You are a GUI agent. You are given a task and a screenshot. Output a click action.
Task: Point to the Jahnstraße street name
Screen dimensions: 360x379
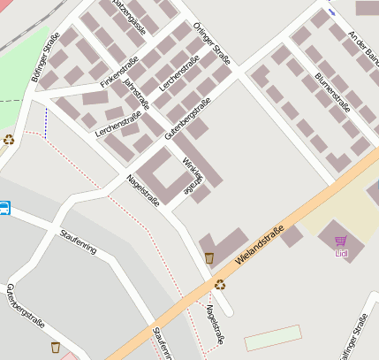click(x=137, y=93)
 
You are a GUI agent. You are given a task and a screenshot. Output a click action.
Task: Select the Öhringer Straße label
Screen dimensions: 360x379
click(x=211, y=45)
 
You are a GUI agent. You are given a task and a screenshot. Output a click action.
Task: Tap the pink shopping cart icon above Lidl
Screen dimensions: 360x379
click(x=341, y=241)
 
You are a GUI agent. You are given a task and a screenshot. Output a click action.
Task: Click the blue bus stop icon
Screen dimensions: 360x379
click(x=4, y=209)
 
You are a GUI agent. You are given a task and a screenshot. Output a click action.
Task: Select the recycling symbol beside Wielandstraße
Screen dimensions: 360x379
click(x=220, y=284)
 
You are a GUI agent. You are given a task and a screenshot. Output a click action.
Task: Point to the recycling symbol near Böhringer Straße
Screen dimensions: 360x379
click(x=9, y=139)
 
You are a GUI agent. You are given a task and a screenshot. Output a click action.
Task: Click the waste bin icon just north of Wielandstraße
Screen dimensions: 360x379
click(x=208, y=257)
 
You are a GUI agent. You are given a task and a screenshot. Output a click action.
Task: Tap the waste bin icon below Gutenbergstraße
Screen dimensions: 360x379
click(x=56, y=347)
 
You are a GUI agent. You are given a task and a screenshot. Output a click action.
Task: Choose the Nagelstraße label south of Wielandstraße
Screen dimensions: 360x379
click(x=213, y=325)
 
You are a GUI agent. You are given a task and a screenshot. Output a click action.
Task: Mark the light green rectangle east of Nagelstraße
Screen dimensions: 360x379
click(x=272, y=339)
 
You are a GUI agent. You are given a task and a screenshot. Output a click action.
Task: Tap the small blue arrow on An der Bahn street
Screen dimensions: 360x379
click(x=331, y=12)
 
